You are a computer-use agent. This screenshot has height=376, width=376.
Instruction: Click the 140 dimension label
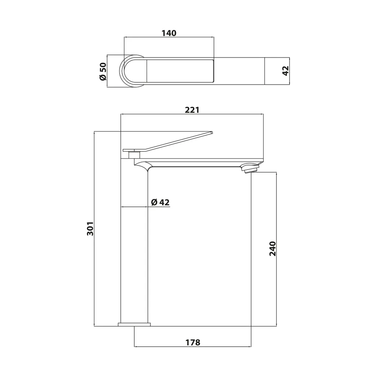[x=169, y=33]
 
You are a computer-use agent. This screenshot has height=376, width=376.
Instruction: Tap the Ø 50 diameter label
[x=103, y=71]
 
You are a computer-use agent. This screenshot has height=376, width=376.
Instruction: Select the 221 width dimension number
[x=192, y=110]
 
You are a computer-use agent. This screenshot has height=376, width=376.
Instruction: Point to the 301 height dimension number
[x=90, y=229]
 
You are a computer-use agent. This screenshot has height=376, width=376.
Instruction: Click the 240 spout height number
[x=273, y=249]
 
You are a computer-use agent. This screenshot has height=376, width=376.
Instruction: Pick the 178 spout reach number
[x=193, y=343]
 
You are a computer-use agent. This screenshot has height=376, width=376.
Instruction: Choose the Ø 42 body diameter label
[x=160, y=202]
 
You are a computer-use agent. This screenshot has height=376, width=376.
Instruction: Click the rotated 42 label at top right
[x=285, y=71]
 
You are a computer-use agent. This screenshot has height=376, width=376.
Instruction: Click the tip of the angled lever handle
[x=212, y=132]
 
